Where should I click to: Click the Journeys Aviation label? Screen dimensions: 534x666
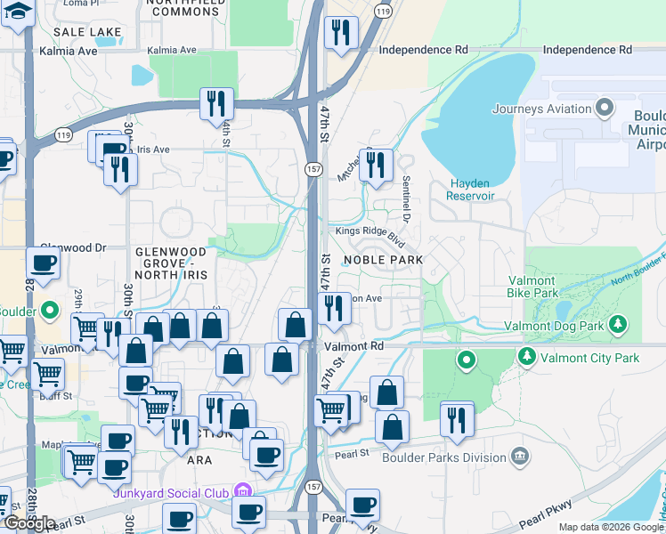(541, 109)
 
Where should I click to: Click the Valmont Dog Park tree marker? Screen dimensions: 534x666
(617, 325)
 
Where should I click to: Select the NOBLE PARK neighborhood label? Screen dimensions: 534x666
(383, 258)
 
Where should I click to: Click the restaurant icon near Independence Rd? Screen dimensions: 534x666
(339, 33)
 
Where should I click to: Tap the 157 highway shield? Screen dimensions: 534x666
(313, 168)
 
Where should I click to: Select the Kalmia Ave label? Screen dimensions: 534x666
(68, 51)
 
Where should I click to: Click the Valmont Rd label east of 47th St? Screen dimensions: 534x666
(353, 345)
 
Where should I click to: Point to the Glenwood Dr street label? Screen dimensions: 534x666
(73, 247)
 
